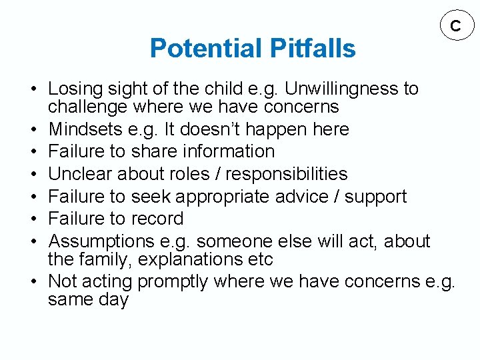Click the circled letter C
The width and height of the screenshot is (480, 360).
click(x=455, y=26)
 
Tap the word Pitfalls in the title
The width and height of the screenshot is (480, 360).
click(x=313, y=49)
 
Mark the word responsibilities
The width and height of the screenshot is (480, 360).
click(x=287, y=174)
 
